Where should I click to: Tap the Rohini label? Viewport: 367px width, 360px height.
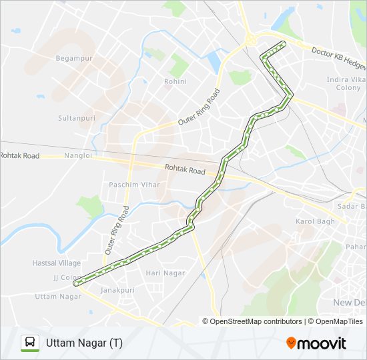click(175, 81)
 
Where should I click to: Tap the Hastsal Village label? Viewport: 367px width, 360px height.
click(57, 263)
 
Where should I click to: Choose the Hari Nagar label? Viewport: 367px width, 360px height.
click(165, 273)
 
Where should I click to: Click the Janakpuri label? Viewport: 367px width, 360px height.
click(117, 291)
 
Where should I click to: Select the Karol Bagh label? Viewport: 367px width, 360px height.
click(316, 221)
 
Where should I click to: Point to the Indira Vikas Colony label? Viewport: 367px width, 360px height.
click(344, 83)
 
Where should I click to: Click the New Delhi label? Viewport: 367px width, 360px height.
click(349, 303)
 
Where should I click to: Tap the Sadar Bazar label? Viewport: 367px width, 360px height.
click(352, 207)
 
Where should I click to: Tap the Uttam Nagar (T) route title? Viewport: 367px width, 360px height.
click(85, 343)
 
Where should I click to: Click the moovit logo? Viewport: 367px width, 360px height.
click(316, 343)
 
